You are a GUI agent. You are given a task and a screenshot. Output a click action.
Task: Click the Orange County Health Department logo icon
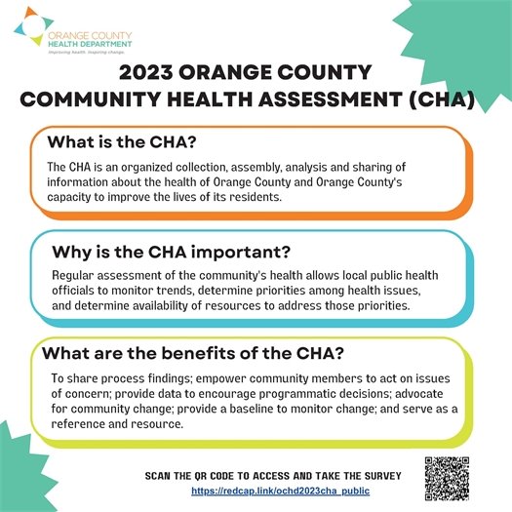tap(29, 28)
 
